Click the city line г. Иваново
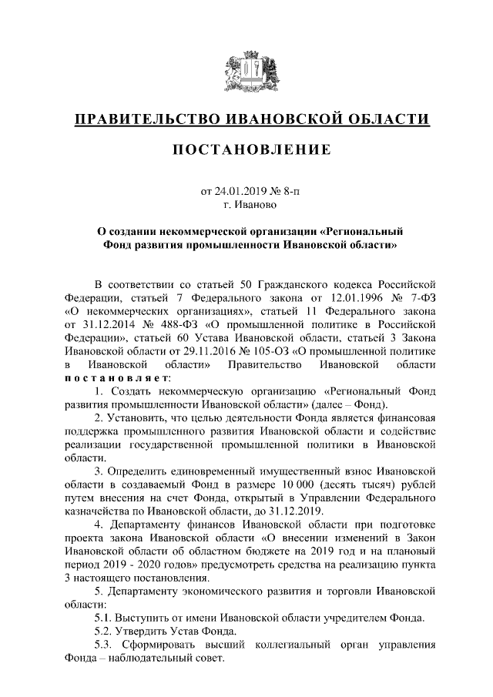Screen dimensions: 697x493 coord(246,205)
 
